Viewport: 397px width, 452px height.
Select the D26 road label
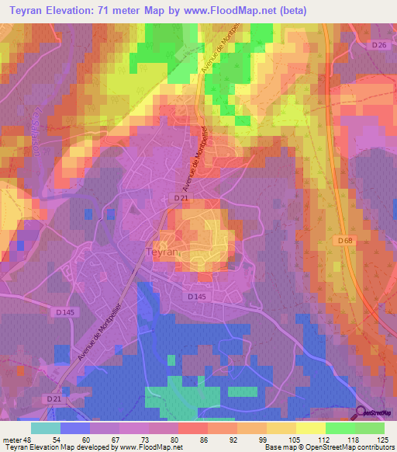point(378,46)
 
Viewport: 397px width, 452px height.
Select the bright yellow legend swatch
point(310,427)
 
